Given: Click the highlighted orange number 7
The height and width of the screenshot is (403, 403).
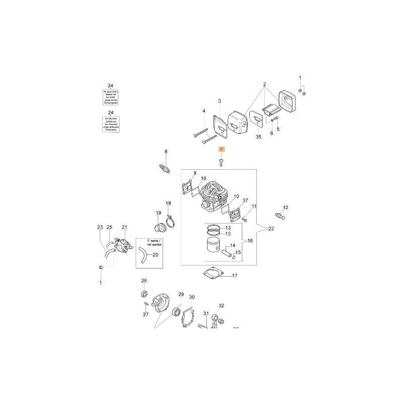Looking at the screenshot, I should click(x=221, y=150).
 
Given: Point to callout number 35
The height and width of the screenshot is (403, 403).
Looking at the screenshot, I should click(x=259, y=137).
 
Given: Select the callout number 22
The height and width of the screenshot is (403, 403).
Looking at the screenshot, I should click(x=272, y=229).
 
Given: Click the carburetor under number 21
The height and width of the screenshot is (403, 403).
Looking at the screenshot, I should click(x=122, y=245).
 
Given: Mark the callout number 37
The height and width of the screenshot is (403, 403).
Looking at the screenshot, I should click(x=245, y=201).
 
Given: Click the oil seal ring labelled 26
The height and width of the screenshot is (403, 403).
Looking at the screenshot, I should click(x=144, y=294).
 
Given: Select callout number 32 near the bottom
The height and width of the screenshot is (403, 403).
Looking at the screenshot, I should click(x=221, y=305).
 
